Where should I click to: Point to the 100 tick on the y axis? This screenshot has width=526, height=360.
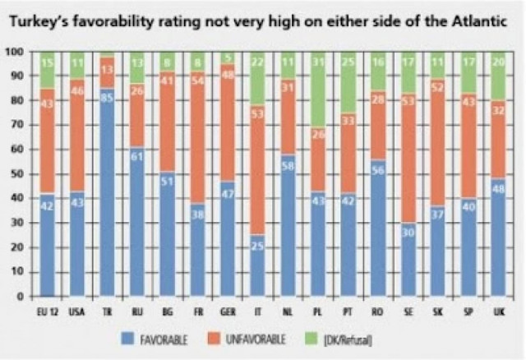coord(14,52)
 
